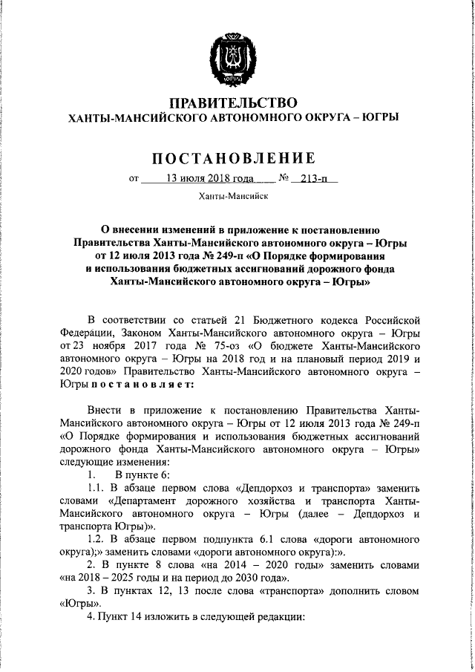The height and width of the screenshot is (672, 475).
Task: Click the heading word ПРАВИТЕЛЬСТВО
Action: pyautogui.click(x=234, y=102)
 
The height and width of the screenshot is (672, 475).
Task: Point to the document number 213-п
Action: pyautogui.click(x=314, y=178)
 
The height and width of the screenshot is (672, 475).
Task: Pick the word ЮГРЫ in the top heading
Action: pyautogui.click(x=378, y=117)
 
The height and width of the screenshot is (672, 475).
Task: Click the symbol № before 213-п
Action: pyautogui.click(x=283, y=178)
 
